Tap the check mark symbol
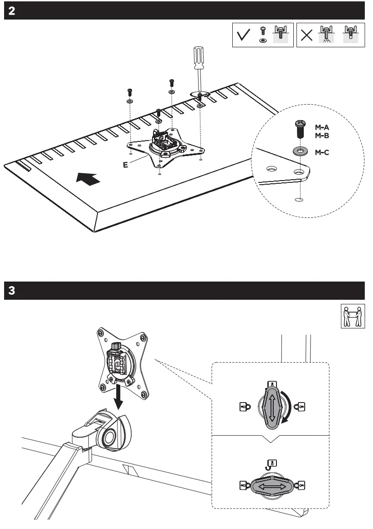pos(244,35)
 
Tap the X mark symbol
pos(307,36)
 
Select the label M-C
pos(322,152)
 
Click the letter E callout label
pos(125,165)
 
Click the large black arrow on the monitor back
pos(88,178)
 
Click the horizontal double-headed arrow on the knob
pos(272,486)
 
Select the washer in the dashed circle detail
pos(299,150)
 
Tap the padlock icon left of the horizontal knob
pos(243,486)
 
